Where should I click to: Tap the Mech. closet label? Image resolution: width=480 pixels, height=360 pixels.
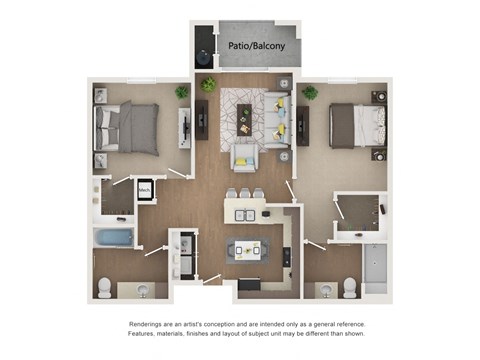(144, 189)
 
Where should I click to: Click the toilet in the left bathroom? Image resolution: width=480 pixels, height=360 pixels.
(105, 288)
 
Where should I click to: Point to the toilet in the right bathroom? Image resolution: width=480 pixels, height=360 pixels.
(350, 287)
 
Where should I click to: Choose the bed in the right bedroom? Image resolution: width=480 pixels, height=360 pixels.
(356, 126)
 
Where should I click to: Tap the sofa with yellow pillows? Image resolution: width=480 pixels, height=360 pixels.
(276, 118)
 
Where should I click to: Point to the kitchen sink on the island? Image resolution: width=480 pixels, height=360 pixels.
(245, 214)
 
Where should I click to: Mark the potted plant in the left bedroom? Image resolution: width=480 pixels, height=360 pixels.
(181, 92)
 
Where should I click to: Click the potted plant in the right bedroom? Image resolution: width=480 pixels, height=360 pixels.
(310, 93)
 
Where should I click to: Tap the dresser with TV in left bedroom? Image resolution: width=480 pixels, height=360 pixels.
(185, 128)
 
